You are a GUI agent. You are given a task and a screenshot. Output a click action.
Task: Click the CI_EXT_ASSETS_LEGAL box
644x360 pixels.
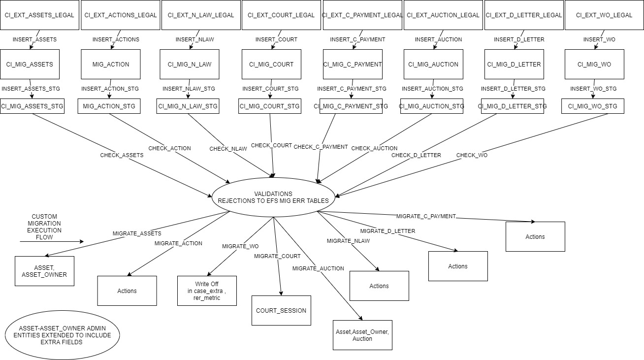(39, 15)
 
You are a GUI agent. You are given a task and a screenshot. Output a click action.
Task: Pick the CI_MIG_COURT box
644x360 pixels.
(271, 64)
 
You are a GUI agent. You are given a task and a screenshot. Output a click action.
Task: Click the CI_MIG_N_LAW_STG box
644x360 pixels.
(188, 106)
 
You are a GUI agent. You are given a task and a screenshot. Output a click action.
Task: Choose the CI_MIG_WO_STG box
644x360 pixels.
(592, 106)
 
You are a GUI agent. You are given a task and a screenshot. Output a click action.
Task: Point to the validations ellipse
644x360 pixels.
(273, 197)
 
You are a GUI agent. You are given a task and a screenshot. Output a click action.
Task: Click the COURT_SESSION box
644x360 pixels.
(281, 310)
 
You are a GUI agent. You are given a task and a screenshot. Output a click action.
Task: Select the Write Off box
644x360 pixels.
(207, 291)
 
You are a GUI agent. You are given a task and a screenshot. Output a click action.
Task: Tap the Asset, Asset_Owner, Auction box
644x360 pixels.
(362, 335)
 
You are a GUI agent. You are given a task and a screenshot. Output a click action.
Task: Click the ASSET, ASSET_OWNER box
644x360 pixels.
(44, 271)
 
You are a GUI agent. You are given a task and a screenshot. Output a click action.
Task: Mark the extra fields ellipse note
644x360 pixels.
(62, 335)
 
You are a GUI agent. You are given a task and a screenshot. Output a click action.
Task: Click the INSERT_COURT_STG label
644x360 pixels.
(270, 89)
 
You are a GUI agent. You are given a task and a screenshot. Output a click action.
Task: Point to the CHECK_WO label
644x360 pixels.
(472, 155)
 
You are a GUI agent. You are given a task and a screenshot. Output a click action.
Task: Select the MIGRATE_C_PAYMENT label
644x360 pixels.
(426, 216)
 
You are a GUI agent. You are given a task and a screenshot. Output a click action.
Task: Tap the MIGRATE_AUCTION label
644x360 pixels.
(318, 268)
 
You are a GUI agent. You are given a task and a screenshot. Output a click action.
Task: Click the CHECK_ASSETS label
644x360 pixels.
(122, 155)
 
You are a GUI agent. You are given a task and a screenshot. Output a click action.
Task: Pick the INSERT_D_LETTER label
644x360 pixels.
(519, 39)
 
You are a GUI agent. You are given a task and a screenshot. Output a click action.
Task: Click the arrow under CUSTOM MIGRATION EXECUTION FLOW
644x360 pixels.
(52, 242)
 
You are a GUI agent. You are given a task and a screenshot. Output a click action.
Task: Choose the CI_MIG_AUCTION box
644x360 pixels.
(433, 64)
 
